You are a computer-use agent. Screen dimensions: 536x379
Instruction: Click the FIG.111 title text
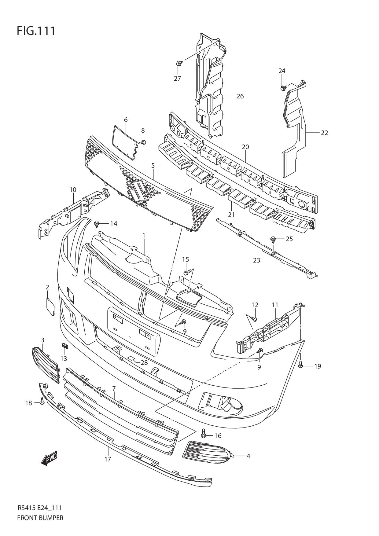click(36, 31)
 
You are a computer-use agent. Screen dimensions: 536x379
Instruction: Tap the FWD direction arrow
click(49, 459)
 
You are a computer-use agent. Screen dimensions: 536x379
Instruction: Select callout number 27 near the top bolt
click(178, 79)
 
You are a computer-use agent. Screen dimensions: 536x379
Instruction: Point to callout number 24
click(282, 71)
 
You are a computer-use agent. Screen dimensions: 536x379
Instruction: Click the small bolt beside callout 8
click(143, 142)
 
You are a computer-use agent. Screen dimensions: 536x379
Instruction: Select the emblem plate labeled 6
click(125, 142)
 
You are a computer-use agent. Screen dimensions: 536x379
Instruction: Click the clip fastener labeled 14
click(98, 223)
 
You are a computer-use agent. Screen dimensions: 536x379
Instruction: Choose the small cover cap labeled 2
click(50, 307)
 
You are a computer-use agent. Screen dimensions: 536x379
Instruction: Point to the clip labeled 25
click(273, 239)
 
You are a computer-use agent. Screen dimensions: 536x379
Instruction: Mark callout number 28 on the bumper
click(144, 363)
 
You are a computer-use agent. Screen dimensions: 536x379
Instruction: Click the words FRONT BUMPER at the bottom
click(40, 518)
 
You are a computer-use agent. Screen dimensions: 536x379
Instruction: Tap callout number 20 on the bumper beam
click(245, 147)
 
